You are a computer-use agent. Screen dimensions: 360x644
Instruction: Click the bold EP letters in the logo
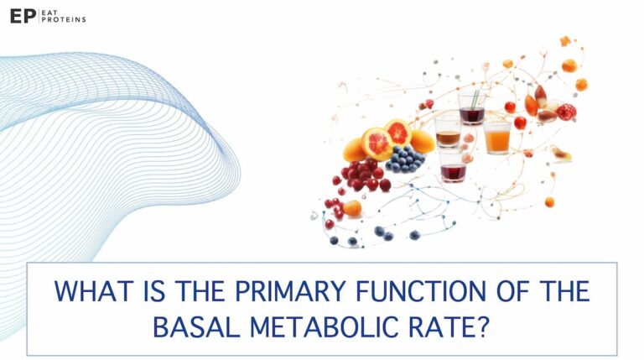22,16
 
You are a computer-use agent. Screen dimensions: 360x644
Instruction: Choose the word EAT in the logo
52,12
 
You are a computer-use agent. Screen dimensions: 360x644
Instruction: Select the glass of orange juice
496,137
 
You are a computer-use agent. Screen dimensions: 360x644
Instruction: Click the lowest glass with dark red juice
453,168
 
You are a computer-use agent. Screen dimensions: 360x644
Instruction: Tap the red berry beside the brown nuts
567,111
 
